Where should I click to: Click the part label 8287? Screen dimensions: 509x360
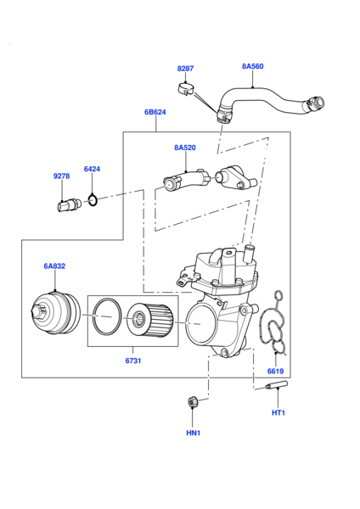(x=185, y=68)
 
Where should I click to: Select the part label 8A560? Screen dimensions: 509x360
(x=252, y=65)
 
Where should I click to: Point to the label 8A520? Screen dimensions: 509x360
(x=185, y=148)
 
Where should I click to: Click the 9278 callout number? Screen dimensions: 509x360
(x=61, y=176)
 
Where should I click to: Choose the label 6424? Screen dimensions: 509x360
(x=92, y=169)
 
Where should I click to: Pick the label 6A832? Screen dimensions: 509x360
(x=54, y=266)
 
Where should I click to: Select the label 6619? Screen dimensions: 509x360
(x=275, y=372)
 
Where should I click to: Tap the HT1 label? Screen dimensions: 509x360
(x=278, y=413)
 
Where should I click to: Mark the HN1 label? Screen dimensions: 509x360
(x=193, y=433)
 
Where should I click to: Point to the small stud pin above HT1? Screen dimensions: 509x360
(x=276, y=389)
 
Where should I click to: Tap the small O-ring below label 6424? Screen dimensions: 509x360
(x=94, y=200)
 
